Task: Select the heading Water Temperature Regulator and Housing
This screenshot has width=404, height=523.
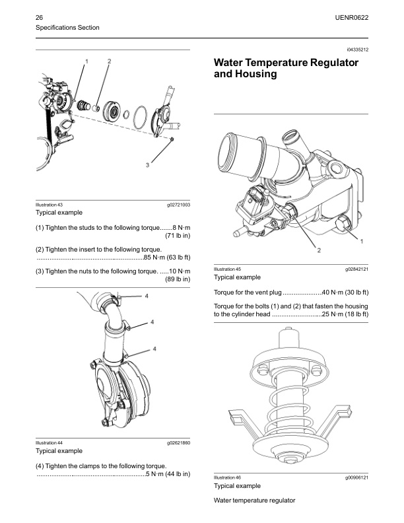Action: click(286, 69)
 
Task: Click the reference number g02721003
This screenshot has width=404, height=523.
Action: click(178, 205)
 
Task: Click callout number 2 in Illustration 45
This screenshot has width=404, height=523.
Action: click(300, 251)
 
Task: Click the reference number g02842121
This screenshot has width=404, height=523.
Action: click(356, 269)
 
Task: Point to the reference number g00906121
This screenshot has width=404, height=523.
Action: click(356, 477)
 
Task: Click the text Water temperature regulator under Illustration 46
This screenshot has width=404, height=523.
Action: click(254, 501)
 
